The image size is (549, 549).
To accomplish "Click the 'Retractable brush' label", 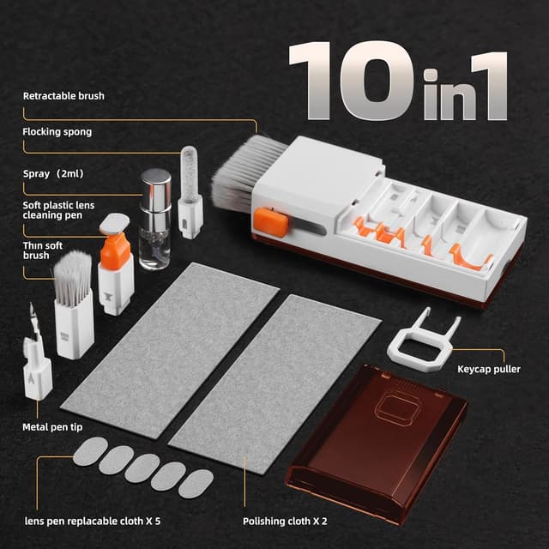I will (x=63, y=96).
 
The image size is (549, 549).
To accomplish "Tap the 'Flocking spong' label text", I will (x=57, y=132).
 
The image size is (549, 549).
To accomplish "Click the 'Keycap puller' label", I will (x=489, y=370).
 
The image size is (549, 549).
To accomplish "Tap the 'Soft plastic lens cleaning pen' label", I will (x=60, y=210).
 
